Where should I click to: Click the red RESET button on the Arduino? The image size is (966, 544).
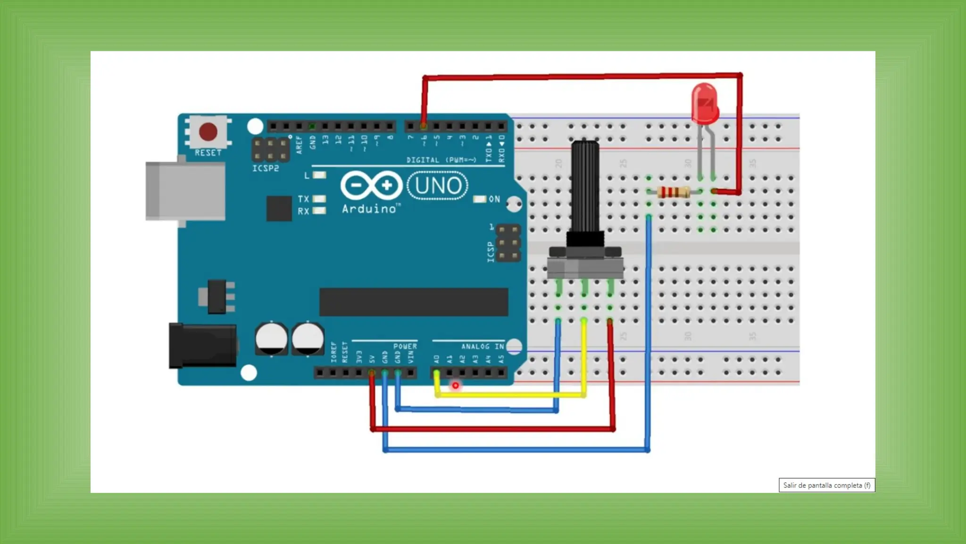point(208,132)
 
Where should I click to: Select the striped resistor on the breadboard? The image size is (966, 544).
point(673,192)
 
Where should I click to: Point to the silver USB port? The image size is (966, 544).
point(185,191)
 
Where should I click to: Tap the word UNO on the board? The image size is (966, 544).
point(438,186)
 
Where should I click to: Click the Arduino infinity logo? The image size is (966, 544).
point(371,185)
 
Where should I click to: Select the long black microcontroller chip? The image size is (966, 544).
point(414,302)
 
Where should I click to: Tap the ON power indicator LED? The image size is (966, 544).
point(480,199)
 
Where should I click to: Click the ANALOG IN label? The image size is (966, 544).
point(482,347)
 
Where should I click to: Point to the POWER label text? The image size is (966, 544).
point(405,346)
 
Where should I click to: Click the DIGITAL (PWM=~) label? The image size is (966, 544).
point(441,160)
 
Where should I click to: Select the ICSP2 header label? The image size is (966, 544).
point(266,169)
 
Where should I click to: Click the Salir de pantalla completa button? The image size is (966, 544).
point(826,485)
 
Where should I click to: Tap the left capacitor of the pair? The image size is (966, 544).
point(271,339)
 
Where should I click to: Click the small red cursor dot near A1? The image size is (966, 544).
point(455,386)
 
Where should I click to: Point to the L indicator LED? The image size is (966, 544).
point(320,175)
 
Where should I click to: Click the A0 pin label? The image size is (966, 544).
point(436,359)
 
